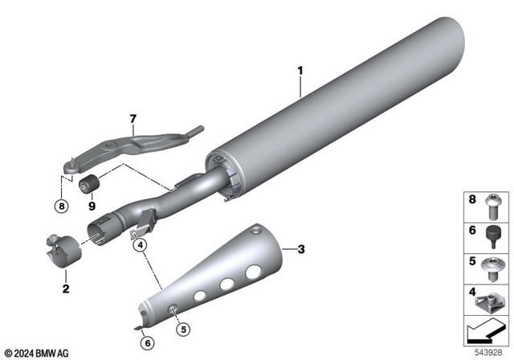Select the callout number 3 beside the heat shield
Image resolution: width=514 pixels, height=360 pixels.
[301, 250]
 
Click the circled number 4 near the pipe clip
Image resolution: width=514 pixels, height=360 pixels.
[140, 245]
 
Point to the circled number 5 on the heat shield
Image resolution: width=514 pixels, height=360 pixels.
[182, 328]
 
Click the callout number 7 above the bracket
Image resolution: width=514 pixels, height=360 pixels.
[133, 120]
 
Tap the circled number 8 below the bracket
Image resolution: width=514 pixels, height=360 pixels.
[63, 205]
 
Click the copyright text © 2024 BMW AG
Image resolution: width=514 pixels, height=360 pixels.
[39, 353]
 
